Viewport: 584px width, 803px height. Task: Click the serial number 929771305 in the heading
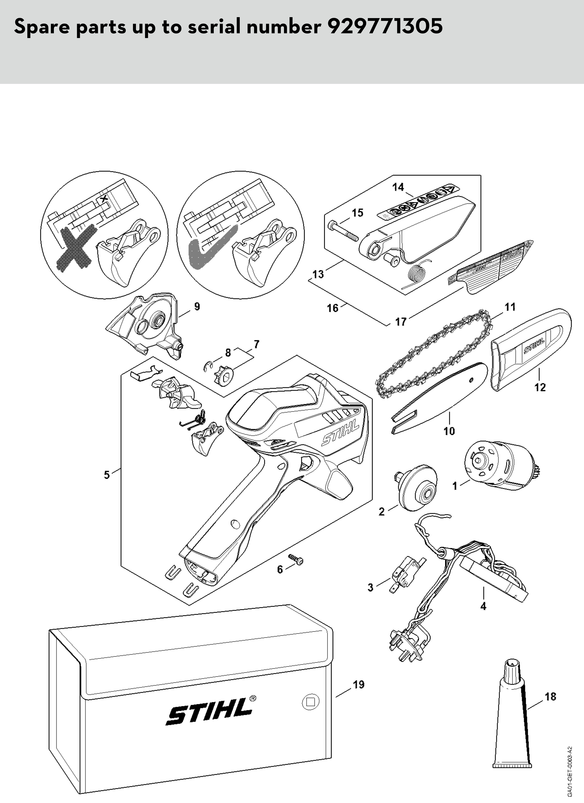click(x=385, y=27)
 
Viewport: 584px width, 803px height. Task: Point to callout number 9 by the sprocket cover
click(x=197, y=306)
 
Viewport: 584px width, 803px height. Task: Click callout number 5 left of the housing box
click(x=107, y=475)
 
